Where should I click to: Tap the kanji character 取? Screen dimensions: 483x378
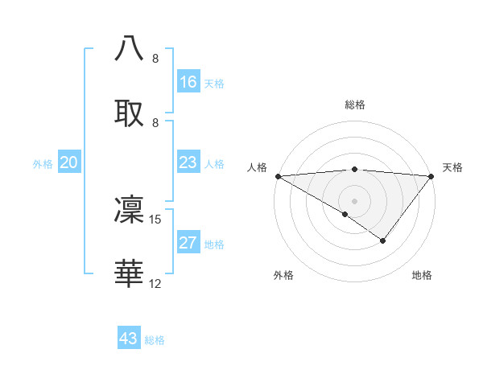[130, 111]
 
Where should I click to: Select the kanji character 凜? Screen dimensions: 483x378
[130, 209]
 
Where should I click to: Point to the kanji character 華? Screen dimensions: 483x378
[130, 273]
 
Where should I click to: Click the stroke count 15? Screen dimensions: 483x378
[155, 219]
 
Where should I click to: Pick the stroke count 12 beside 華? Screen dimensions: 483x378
[155, 283]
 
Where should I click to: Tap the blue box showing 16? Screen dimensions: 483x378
[188, 82]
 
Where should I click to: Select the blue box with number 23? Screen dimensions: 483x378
[188, 162]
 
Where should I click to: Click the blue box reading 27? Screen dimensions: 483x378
[188, 243]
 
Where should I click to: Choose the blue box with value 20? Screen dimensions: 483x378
[69, 162]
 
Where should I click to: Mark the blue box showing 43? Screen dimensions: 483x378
[129, 339]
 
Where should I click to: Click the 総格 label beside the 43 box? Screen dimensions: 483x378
[155, 340]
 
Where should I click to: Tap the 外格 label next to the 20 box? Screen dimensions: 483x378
[43, 164]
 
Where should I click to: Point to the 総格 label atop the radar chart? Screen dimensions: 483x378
[354, 105]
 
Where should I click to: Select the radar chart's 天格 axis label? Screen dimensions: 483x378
[452, 167]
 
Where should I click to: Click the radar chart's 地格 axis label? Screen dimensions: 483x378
[422, 275]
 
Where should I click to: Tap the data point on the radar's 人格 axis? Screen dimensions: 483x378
[277, 175]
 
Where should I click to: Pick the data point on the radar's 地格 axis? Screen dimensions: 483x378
[383, 240]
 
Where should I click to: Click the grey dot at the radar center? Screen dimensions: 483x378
[354, 200]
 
